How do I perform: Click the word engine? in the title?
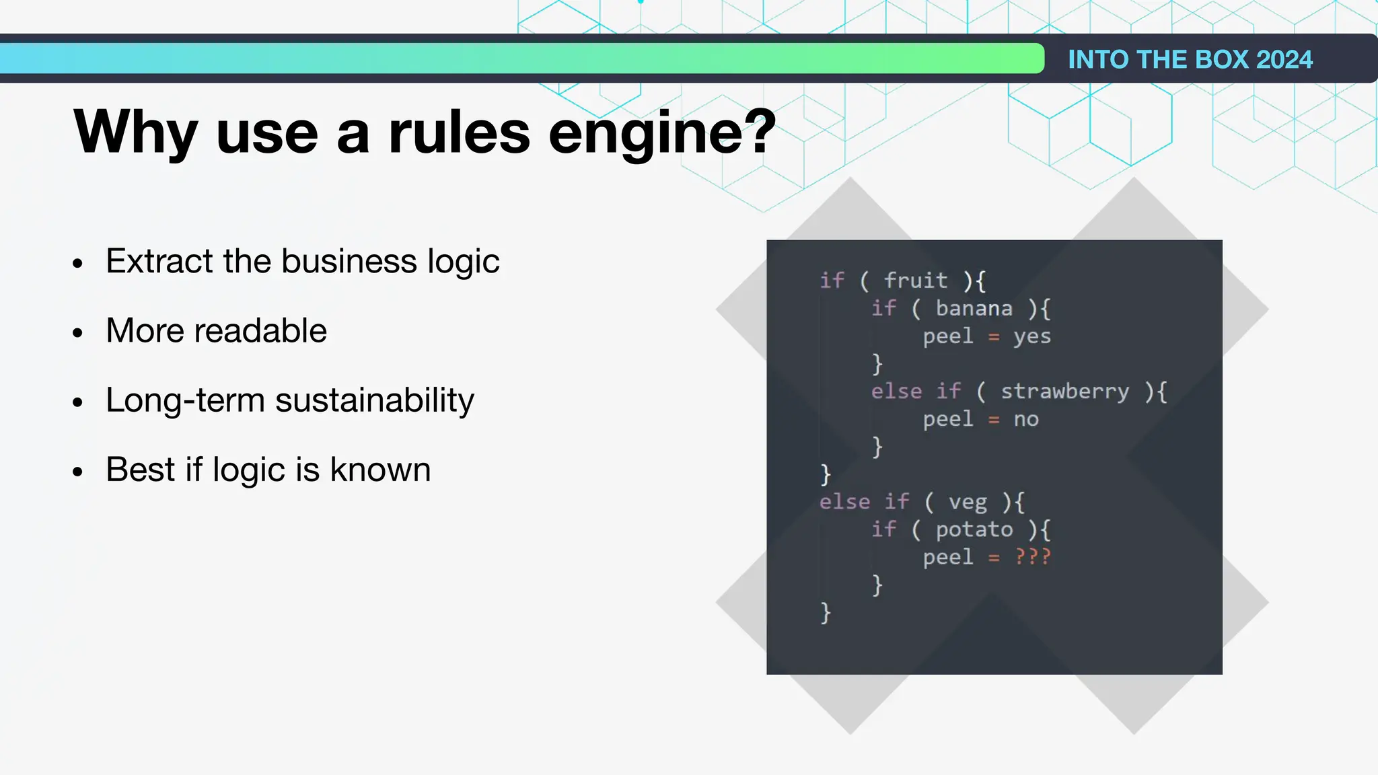(x=662, y=133)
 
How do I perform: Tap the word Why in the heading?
(x=135, y=133)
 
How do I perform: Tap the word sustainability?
(x=374, y=401)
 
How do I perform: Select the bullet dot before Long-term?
(x=78, y=402)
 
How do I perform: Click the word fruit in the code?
(x=915, y=280)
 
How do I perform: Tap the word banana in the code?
(x=974, y=308)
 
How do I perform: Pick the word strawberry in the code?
(x=1064, y=391)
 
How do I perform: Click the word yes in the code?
(x=1032, y=336)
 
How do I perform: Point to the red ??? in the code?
(x=1032, y=557)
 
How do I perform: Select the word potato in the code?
(x=974, y=529)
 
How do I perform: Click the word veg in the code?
(x=968, y=502)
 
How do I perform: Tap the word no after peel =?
(x=1026, y=419)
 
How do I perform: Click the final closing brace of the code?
(x=826, y=613)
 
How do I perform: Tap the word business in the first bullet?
(x=349, y=261)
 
